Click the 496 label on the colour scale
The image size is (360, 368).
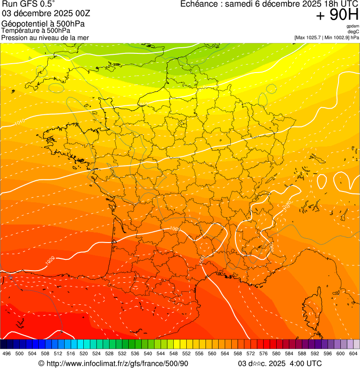[7, 353]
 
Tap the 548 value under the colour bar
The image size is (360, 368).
[174, 353]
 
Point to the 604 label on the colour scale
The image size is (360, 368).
[353, 353]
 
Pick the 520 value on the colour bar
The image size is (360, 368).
[84, 353]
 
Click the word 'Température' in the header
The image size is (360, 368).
[20, 31]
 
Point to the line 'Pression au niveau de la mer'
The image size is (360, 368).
[45, 37]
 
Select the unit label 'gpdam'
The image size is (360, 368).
[353, 26]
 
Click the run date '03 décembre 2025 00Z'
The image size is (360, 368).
[39, 14]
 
